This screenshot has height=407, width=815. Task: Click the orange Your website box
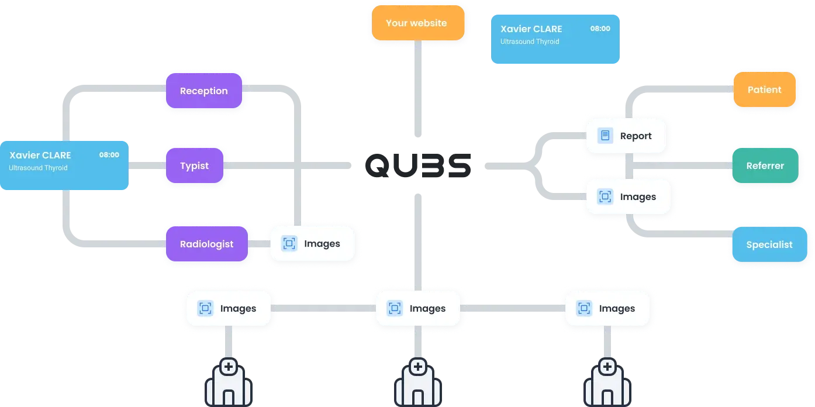pyautogui.click(x=416, y=23)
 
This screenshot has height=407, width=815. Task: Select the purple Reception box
pyautogui.click(x=203, y=91)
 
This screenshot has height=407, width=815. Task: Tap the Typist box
pyautogui.click(x=194, y=165)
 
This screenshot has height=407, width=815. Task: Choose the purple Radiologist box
pyautogui.click(x=206, y=244)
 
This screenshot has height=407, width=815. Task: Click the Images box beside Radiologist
pyautogui.click(x=313, y=244)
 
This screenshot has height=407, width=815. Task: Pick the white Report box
pyautogui.click(x=626, y=136)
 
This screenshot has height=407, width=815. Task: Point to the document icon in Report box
pyautogui.click(x=605, y=136)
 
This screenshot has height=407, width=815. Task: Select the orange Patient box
pyautogui.click(x=764, y=89)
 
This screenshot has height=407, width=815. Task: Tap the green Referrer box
pyautogui.click(x=765, y=165)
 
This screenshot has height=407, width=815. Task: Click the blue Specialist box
pyautogui.click(x=769, y=244)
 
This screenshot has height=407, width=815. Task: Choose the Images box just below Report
pyautogui.click(x=628, y=196)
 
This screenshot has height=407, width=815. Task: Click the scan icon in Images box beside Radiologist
pyautogui.click(x=289, y=244)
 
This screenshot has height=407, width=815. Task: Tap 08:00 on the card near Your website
pyautogui.click(x=600, y=28)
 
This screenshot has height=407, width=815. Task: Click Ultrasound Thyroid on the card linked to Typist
pyautogui.click(x=38, y=168)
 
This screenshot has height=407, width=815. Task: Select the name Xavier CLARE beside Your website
pyautogui.click(x=531, y=29)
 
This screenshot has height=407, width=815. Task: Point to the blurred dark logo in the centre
pyautogui.click(x=418, y=165)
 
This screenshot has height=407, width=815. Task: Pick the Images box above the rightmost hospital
pyautogui.click(x=607, y=308)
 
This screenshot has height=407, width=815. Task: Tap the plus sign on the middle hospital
pyautogui.click(x=418, y=367)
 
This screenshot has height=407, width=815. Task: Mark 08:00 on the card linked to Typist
pyautogui.click(x=109, y=155)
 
